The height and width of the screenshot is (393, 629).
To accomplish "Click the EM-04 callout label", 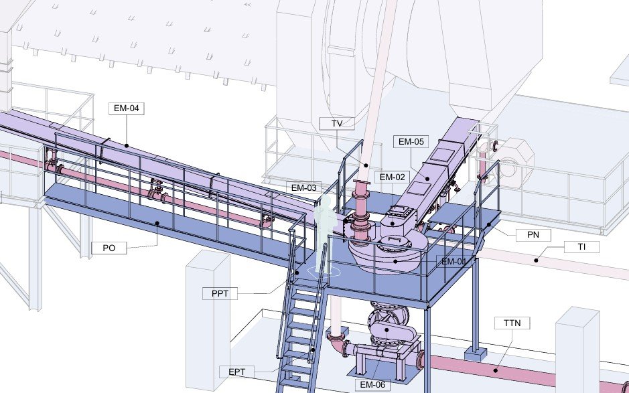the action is pyautogui.click(x=127, y=108).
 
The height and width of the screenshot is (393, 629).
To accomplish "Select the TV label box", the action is pyautogui.click(x=337, y=123).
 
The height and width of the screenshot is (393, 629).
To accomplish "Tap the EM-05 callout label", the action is pyautogui.click(x=411, y=141).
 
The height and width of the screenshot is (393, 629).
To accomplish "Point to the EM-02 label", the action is pyautogui.click(x=393, y=177).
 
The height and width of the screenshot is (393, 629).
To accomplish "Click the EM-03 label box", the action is pyautogui.click(x=303, y=187).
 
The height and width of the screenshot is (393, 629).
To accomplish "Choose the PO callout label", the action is pyautogui.click(x=109, y=248).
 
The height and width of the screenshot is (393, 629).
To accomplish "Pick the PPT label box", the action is pyautogui.click(x=220, y=293).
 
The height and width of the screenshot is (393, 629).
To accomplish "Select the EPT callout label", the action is pyautogui.click(x=236, y=372).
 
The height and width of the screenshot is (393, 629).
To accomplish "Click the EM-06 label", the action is pyautogui.click(x=372, y=385).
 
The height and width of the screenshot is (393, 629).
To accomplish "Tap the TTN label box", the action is pyautogui.click(x=512, y=323).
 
